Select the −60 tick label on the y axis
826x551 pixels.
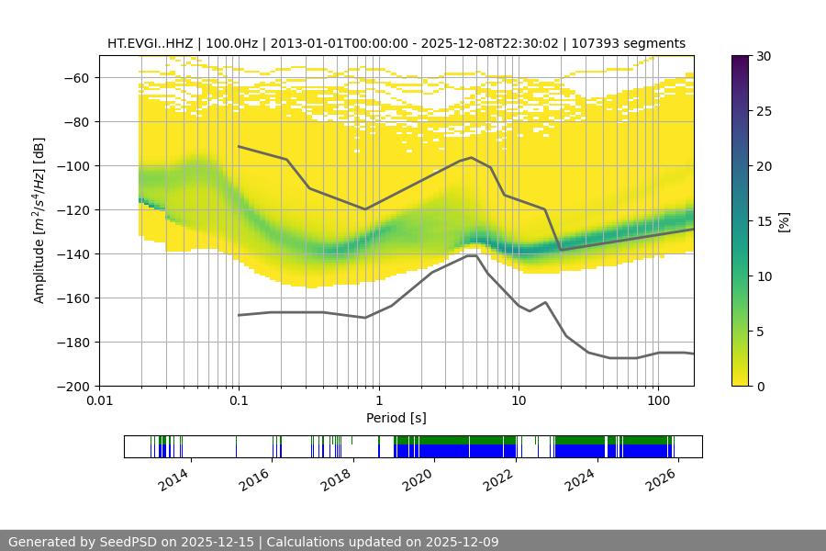pyautogui.click(x=74, y=78)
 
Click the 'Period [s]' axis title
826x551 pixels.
pyautogui.click(x=396, y=418)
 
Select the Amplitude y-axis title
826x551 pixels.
pyautogui.click(x=39, y=220)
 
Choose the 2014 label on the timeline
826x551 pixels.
pyautogui.click(x=173, y=478)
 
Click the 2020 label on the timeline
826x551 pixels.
pyautogui.click(x=417, y=478)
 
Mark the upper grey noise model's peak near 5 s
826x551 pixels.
pyautogui.click(x=472, y=158)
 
